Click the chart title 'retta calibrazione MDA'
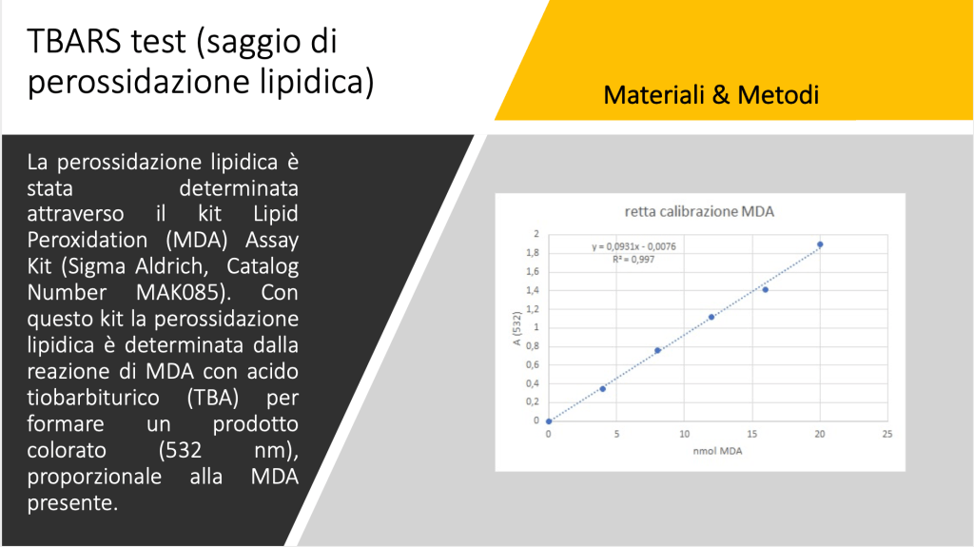tap(699, 212)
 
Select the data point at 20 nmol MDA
tap(820, 244)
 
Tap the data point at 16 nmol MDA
tap(766, 289)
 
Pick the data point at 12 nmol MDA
tap(711, 317)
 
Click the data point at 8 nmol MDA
tap(657, 351)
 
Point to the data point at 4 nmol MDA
tap(602, 389)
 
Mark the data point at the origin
tap(549, 421)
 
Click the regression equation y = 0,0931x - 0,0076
tap(633, 246)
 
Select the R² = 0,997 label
tap(633, 259)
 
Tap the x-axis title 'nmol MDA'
tap(717, 451)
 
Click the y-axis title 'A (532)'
tap(516, 328)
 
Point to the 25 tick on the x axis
tap(887, 434)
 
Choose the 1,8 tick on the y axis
tap(533, 253)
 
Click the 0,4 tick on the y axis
tap(533, 383)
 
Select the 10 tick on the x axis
tap(684, 434)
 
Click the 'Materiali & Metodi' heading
tap(711, 95)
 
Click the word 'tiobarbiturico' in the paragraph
tap(93, 398)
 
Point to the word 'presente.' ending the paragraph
tap(72, 503)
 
